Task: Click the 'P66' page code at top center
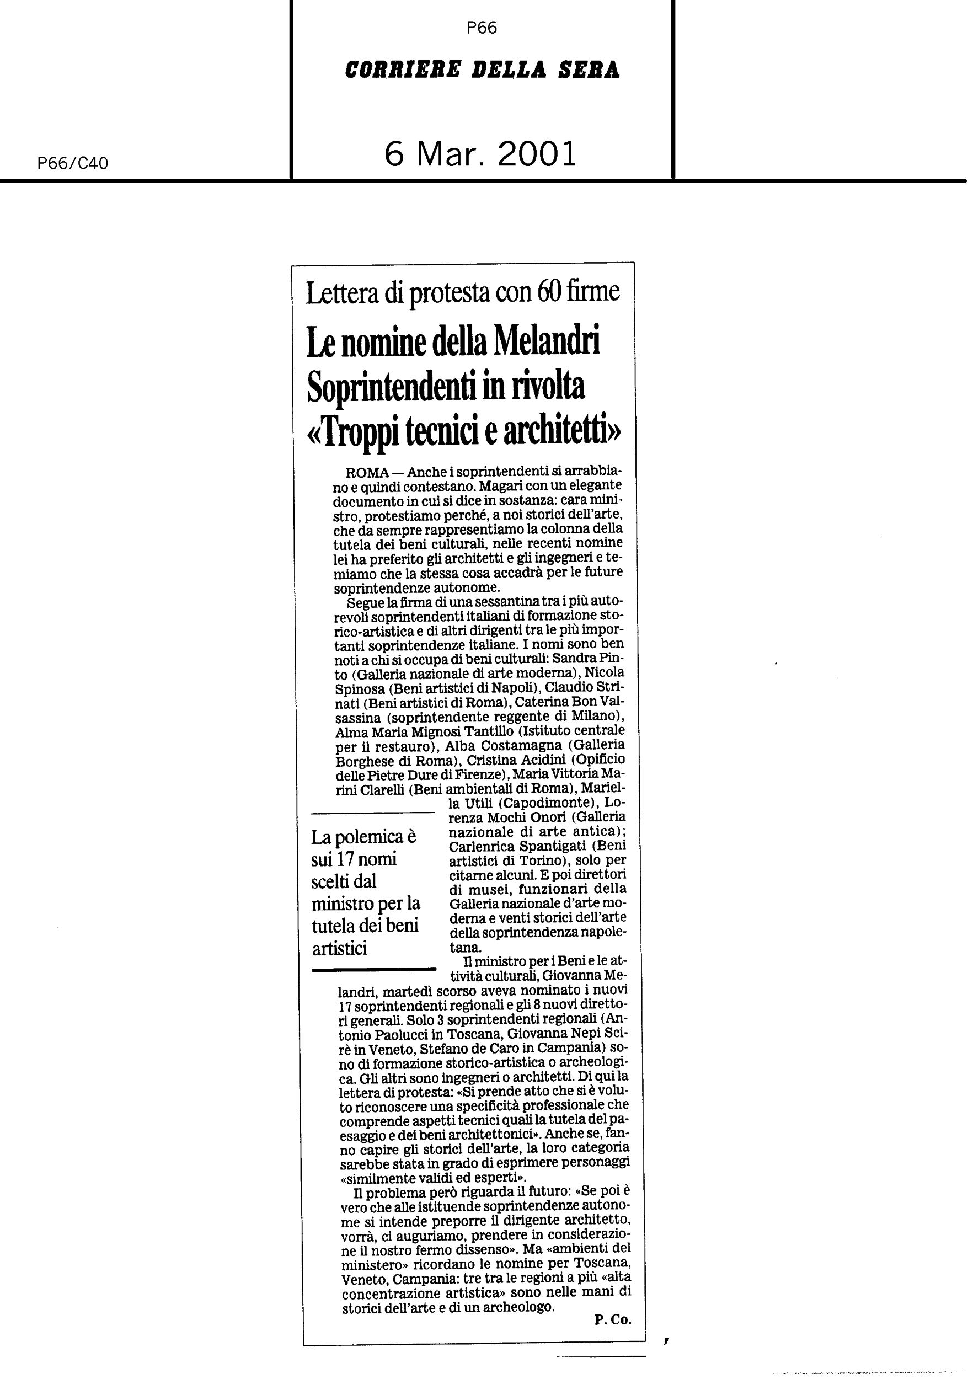(x=481, y=28)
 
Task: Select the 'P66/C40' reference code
(x=73, y=163)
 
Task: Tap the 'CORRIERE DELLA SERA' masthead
(x=482, y=70)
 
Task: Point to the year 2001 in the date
(x=536, y=154)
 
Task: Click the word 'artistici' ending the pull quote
(x=339, y=948)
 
